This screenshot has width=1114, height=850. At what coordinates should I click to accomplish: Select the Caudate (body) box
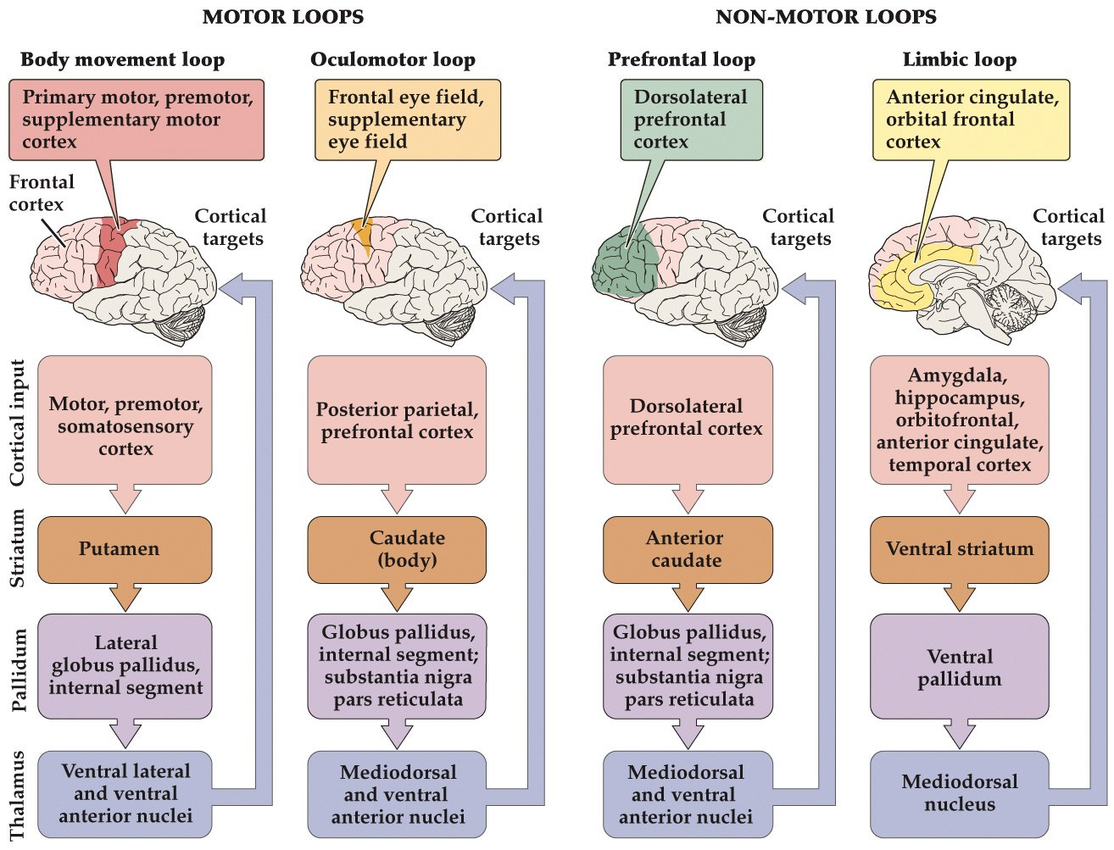click(397, 549)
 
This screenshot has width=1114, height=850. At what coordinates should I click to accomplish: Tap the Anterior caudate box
click(688, 549)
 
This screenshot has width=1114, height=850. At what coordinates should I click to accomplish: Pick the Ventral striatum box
click(960, 549)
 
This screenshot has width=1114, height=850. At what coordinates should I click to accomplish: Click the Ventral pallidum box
click(960, 667)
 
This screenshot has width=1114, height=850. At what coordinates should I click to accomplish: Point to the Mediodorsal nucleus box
click(960, 793)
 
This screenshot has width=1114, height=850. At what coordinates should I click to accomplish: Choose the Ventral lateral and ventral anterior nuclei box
click(125, 793)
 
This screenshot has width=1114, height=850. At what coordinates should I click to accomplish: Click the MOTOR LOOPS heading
click(282, 17)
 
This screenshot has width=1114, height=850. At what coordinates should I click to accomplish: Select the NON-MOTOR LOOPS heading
click(826, 17)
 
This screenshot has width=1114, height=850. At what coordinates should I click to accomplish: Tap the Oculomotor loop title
click(393, 59)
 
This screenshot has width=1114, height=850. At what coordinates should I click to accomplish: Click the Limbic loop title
click(959, 59)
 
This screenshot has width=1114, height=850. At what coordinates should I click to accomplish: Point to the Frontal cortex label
click(41, 193)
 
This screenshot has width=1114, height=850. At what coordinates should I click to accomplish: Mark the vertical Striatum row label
click(18, 548)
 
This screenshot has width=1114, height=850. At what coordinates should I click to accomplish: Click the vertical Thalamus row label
click(18, 795)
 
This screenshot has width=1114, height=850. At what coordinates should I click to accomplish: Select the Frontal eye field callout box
click(407, 119)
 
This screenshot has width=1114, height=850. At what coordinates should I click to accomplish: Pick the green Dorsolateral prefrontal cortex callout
click(691, 119)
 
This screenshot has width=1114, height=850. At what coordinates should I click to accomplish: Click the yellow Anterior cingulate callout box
click(971, 119)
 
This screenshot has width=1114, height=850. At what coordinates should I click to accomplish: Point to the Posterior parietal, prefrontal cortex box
click(397, 420)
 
